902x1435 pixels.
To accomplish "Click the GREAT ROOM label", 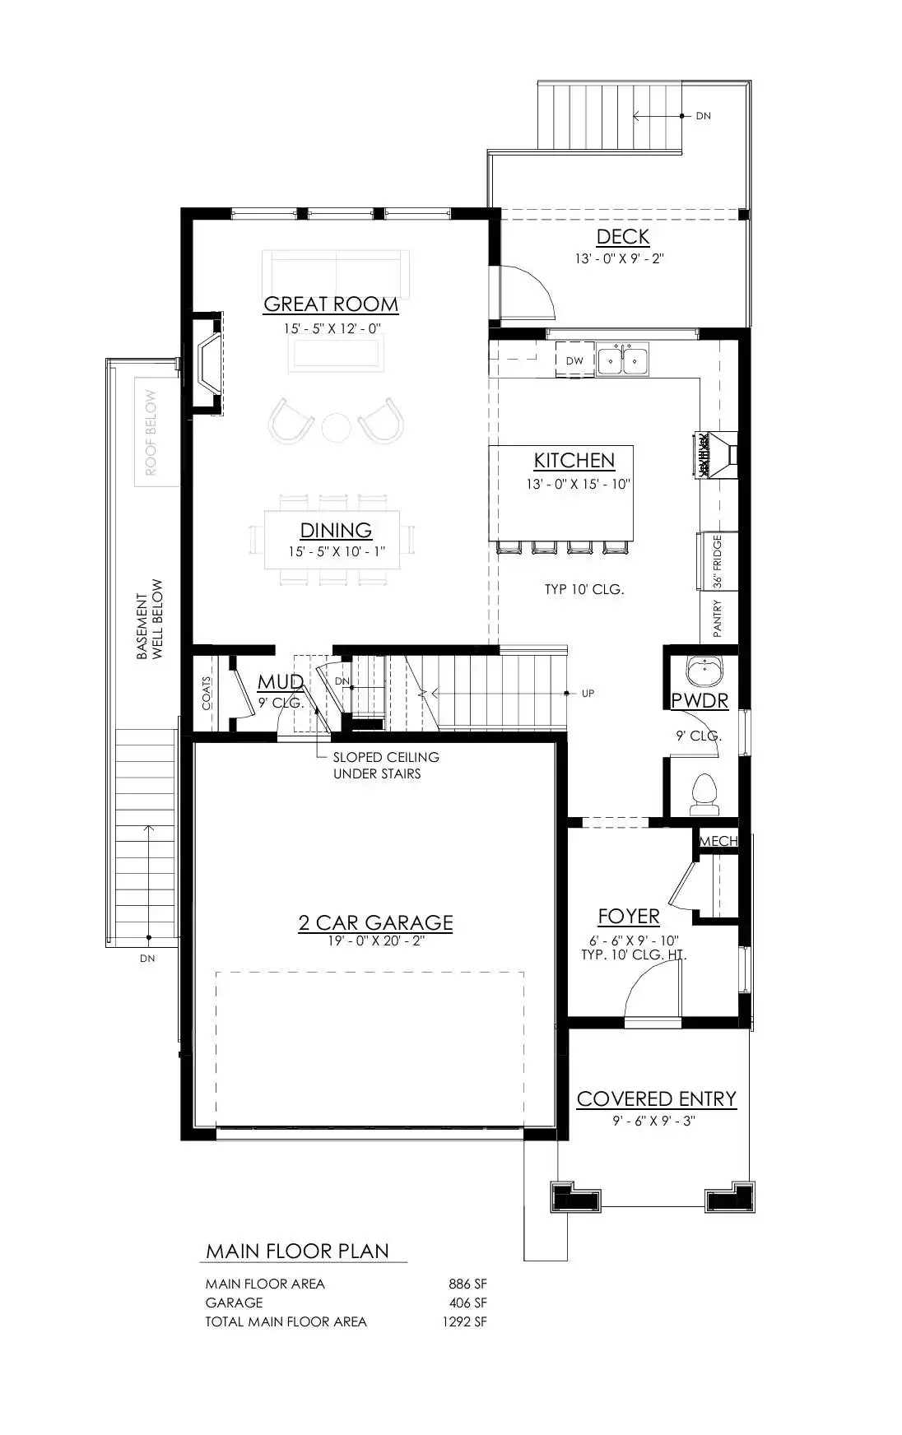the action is click(x=331, y=304).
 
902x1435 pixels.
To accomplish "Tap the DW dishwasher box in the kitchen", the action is click(x=574, y=360).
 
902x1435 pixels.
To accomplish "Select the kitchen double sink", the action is click(x=622, y=360).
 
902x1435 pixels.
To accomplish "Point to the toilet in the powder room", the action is click(x=705, y=789).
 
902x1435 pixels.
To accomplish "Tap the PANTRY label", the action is click(x=718, y=618).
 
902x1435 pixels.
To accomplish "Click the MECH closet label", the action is click(x=718, y=841).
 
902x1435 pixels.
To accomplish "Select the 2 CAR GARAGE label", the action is click(x=375, y=923).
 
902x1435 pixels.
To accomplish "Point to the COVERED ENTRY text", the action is click(x=656, y=1099).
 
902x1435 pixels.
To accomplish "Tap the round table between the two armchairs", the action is click(x=336, y=427).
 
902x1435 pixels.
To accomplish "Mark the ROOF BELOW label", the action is click(x=151, y=433).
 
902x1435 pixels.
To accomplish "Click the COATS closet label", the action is click(x=207, y=694).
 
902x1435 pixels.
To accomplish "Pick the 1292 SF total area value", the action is click(x=464, y=1321).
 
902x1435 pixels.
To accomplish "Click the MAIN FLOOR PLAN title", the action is click(x=297, y=1252).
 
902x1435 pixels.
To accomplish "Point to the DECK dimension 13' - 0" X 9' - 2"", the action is click(x=619, y=258).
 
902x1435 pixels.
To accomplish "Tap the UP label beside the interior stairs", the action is click(x=588, y=694).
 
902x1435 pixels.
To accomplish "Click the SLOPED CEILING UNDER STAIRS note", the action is click(x=386, y=765).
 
